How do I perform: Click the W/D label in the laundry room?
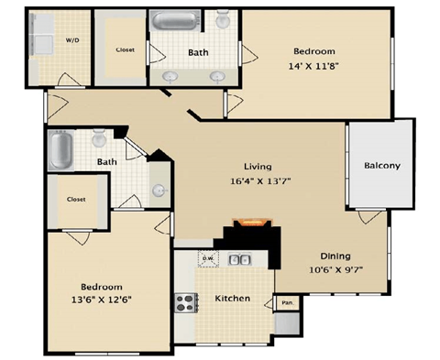[71, 40]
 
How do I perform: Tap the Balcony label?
[381, 166]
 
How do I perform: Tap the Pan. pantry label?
[287, 301]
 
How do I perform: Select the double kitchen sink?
[240, 261]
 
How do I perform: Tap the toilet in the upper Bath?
[223, 23]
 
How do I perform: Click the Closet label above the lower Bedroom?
[76, 198]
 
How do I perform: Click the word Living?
[255, 166]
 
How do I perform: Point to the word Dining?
[336, 256]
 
